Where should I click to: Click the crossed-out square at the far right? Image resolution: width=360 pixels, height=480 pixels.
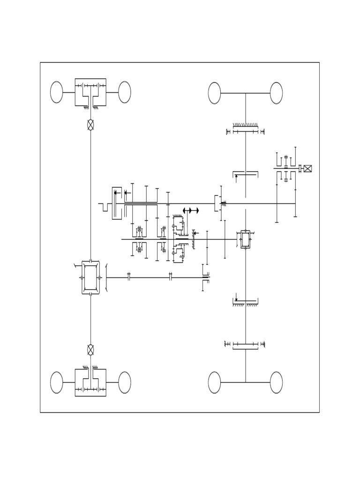[x=308, y=169]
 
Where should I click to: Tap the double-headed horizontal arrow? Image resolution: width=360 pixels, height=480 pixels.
[x=190, y=210]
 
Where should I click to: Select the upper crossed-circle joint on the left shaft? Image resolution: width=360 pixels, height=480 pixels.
[x=90, y=125]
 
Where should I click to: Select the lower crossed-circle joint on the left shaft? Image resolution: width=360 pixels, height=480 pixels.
[x=90, y=349]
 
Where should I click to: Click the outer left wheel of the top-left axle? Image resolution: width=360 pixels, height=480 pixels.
[x=57, y=92]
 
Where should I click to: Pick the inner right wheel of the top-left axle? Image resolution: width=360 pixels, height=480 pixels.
[x=124, y=92]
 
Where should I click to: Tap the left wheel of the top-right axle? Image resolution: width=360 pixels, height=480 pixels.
[x=215, y=93]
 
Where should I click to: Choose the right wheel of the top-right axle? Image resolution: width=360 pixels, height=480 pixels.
[x=277, y=93]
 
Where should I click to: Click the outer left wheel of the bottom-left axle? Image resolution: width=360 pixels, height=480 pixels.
[x=57, y=382]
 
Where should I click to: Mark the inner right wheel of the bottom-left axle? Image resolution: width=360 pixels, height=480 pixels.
[x=124, y=382]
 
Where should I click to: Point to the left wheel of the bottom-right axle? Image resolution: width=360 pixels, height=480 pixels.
[x=215, y=382]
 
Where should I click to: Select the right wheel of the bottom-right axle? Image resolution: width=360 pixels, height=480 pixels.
[x=277, y=382]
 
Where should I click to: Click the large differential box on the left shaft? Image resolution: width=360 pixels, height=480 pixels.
[x=90, y=277]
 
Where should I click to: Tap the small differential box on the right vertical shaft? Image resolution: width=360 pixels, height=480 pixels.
[x=246, y=239]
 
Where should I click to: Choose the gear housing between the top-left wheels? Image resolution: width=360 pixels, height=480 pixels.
[x=90, y=92]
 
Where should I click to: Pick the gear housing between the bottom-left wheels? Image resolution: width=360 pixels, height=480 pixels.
[x=90, y=382]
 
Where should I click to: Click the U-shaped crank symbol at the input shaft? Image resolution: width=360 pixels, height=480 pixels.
[x=105, y=207]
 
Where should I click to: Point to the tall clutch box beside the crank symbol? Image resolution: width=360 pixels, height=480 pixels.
[x=117, y=203]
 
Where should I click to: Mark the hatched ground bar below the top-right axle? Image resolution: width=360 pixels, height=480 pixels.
[x=246, y=125]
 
